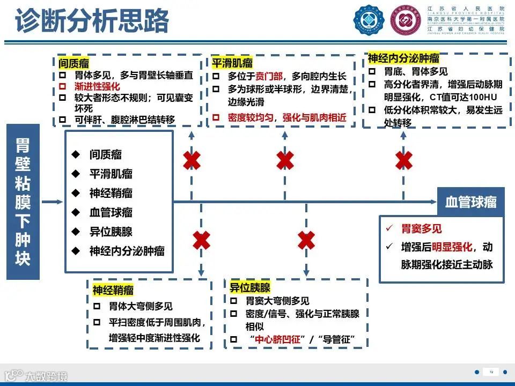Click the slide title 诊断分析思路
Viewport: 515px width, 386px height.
point(92,21)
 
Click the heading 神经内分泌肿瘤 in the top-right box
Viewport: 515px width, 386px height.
point(403,58)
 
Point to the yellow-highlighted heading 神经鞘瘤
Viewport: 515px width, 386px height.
point(113,291)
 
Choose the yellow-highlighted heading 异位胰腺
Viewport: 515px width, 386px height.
point(250,287)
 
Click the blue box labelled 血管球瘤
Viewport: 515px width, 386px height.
point(470,202)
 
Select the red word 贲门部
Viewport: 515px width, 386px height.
point(269,77)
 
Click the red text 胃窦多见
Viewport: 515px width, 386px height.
point(422,229)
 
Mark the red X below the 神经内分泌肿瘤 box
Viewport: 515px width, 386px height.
point(403,160)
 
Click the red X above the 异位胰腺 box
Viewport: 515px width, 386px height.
point(306,240)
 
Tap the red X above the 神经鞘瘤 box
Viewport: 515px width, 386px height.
point(201,240)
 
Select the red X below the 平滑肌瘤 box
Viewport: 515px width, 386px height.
point(285,160)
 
